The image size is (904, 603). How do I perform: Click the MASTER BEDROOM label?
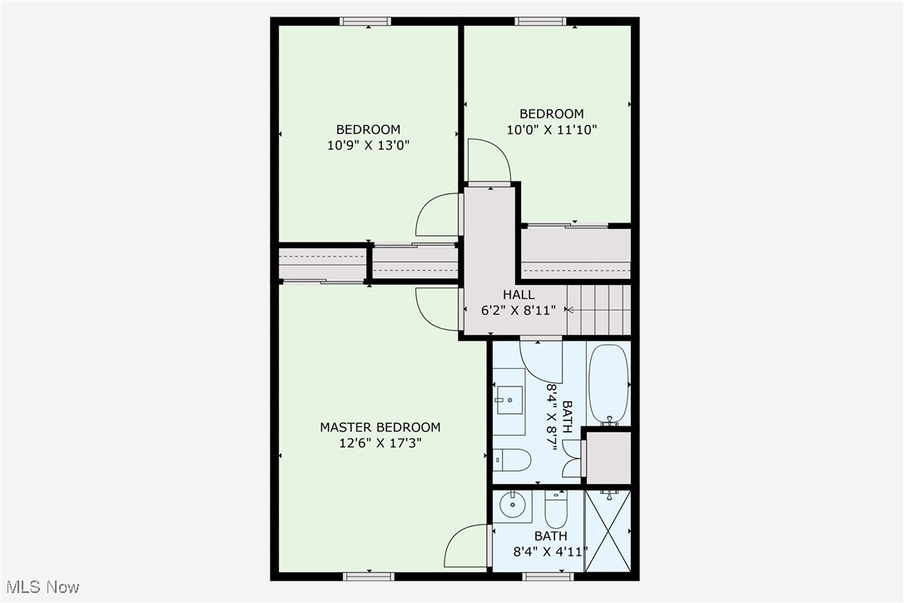point(380,427)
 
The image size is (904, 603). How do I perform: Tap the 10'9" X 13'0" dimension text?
point(369,146)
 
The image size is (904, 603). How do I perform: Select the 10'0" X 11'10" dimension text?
point(552,129)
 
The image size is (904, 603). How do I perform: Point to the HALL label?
point(519,294)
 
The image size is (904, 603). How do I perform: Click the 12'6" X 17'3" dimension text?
point(380,443)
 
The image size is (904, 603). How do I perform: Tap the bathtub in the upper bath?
point(608,385)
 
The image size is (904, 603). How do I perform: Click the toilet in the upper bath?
point(512,460)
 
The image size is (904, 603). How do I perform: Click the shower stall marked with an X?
point(608,531)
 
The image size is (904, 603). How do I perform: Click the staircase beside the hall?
point(599,310)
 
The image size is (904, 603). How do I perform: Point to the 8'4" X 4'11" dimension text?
point(550,551)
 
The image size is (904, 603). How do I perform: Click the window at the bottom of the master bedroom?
point(369,576)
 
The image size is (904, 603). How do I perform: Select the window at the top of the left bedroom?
point(365,22)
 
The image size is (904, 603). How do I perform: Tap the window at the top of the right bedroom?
point(541,22)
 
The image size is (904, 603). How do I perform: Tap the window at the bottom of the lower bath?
point(549,576)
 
